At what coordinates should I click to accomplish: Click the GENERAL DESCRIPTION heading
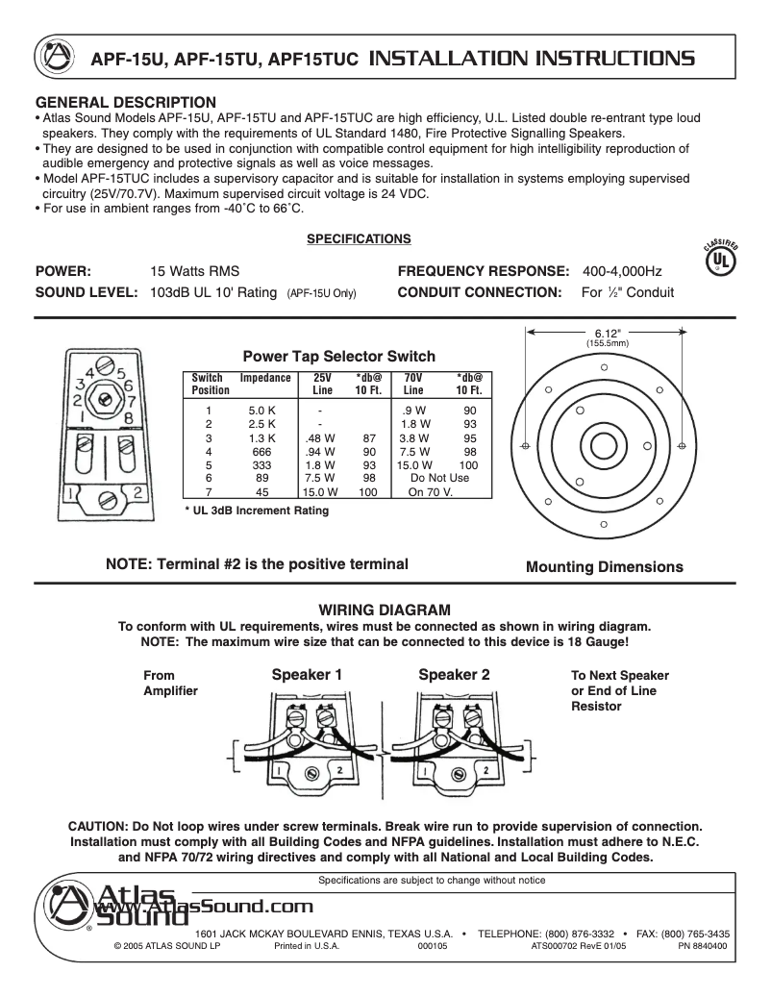click(x=126, y=102)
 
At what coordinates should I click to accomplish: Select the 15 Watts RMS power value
click(x=195, y=271)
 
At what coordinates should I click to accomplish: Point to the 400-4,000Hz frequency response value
click(x=621, y=271)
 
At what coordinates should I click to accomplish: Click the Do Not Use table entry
click(x=439, y=478)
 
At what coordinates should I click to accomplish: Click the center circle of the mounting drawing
click(x=603, y=446)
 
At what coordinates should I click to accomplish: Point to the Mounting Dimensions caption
click(x=604, y=567)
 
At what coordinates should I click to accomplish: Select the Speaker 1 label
click(x=307, y=675)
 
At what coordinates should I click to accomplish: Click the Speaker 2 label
click(x=454, y=675)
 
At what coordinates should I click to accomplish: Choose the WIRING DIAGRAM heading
click(x=384, y=610)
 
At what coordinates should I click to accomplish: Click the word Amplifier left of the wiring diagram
click(x=170, y=691)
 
